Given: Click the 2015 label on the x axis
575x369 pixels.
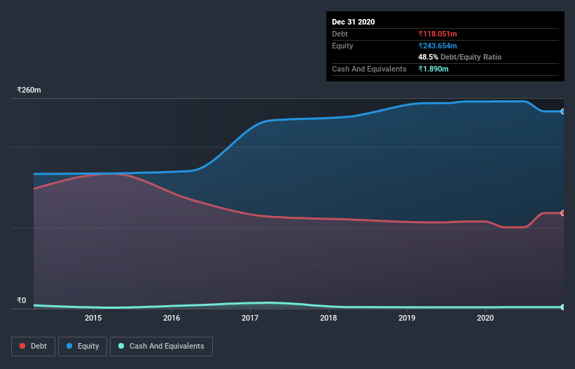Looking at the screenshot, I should tap(93, 318).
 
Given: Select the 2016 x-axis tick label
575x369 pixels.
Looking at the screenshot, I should tap(172, 318).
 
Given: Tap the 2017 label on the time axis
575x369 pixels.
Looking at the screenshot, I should tap(250, 318).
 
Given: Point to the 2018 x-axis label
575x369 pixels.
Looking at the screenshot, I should tap(328, 318).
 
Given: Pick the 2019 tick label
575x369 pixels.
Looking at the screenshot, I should tap(407, 318).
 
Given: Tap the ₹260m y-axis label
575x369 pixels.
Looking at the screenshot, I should tap(29, 90).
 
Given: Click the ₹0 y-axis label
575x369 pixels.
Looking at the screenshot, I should tap(21, 301).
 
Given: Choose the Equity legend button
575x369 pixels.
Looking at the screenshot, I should tap(83, 346).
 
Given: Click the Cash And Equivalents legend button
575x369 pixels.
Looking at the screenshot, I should tap(161, 346).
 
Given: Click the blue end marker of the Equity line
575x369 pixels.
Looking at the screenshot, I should tap(563, 112).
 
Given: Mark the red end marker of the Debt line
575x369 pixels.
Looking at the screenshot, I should tap(563, 213).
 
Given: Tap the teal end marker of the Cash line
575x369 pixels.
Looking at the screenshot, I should tap(563, 307).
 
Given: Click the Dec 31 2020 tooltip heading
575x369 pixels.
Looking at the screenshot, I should tap(353, 22).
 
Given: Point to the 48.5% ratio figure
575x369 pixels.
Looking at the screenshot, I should tap(428, 57).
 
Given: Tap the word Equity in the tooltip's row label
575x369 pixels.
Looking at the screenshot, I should tap(342, 46).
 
